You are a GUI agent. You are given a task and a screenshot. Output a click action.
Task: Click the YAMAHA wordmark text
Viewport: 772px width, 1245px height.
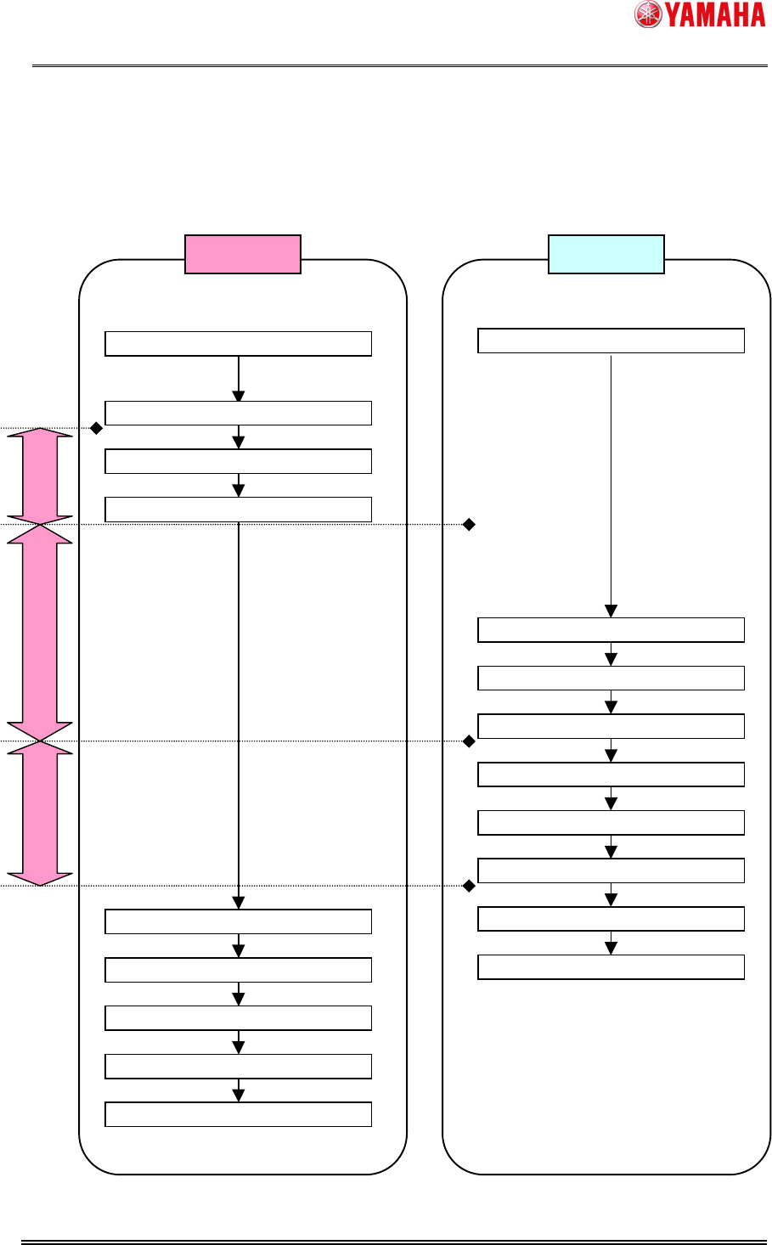715,14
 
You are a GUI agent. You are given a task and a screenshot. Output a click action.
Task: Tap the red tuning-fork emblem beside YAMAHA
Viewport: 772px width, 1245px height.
648,14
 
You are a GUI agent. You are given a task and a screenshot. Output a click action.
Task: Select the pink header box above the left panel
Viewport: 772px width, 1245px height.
243,254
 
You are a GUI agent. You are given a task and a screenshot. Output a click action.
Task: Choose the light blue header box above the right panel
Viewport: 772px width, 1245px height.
606,254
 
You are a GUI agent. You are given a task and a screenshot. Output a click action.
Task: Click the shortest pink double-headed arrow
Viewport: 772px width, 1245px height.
40,476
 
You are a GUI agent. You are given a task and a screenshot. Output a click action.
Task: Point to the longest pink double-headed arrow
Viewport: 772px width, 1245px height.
40,633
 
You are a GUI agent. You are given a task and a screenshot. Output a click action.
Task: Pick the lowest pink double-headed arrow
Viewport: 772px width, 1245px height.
40,813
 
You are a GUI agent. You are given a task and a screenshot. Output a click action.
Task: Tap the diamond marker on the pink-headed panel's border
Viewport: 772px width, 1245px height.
97,429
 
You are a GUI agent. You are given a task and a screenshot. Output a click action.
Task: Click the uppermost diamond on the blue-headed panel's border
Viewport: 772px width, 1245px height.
469,525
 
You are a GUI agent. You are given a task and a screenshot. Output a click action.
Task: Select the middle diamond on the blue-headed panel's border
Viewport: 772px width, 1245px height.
469,741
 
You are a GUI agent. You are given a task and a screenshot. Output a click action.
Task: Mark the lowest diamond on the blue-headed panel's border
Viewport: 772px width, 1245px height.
469,886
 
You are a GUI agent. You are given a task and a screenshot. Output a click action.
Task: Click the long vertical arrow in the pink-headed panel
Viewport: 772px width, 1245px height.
239,713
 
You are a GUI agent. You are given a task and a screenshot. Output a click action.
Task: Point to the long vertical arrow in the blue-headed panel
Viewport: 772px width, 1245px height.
611,484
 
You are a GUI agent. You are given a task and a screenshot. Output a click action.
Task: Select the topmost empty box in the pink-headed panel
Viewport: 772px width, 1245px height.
239,343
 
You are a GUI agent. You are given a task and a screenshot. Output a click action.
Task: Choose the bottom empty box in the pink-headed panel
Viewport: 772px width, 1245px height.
239,1114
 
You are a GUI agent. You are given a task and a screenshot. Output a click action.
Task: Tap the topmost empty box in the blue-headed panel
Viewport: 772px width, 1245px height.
611,340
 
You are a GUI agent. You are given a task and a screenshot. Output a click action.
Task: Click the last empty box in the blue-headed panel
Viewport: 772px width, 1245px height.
611,967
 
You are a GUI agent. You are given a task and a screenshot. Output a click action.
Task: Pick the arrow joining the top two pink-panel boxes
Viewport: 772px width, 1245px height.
239,379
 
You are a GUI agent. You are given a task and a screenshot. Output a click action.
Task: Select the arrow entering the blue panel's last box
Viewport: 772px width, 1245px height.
611,944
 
